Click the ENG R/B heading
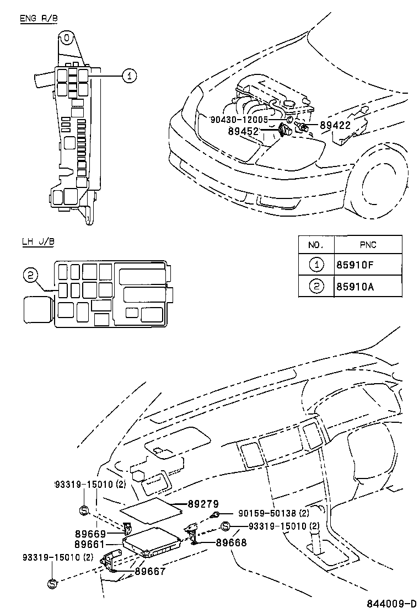tap(39, 19)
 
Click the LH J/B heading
tap(37, 241)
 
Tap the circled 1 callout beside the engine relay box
tap(128, 77)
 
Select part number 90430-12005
tap(239, 119)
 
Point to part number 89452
tap(243, 131)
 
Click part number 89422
tap(335, 126)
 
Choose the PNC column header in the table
tap(367, 245)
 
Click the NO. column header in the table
tap(316, 245)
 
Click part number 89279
tap(203, 504)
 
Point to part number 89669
tap(90, 534)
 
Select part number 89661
tap(90, 544)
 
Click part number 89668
tap(231, 542)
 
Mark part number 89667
tap(149, 572)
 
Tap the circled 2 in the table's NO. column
tap(316, 286)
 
